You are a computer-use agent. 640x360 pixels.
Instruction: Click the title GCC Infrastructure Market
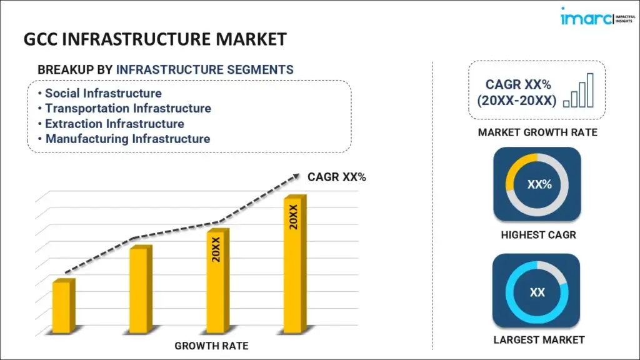155,39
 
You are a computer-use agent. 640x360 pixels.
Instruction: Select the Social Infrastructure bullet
103,94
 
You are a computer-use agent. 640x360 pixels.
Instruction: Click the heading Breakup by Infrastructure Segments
166,69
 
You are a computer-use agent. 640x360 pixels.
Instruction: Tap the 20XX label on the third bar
216,249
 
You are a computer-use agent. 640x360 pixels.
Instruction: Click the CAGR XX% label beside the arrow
336,177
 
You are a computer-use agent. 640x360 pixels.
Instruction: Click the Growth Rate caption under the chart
211,346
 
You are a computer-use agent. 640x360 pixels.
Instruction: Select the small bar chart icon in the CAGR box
578,91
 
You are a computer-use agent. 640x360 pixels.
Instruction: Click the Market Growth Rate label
537,132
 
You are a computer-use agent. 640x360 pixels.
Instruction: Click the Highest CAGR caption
537,235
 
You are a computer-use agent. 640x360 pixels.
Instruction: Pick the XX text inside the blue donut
537,292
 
